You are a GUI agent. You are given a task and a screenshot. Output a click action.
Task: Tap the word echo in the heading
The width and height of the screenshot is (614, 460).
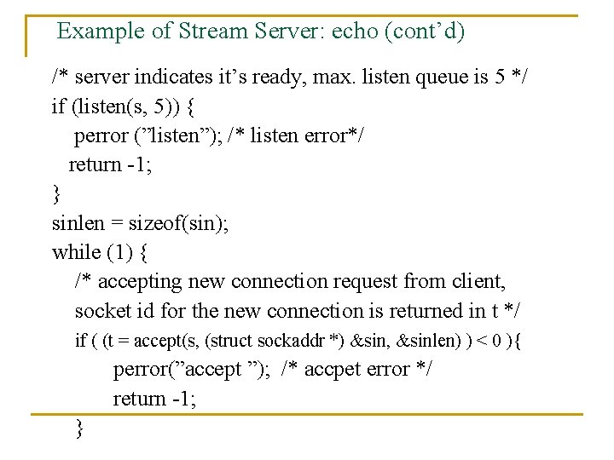pyautogui.click(x=355, y=32)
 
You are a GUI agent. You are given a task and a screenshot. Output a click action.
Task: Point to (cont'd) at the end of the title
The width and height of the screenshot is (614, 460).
pyautogui.click(x=425, y=32)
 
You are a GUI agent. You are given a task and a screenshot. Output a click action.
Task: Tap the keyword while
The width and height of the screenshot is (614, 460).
pyautogui.click(x=76, y=253)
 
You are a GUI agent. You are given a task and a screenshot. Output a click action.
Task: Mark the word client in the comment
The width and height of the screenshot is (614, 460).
pyautogui.click(x=479, y=282)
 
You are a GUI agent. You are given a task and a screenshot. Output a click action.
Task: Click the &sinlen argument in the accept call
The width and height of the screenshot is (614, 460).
pyautogui.click(x=423, y=341)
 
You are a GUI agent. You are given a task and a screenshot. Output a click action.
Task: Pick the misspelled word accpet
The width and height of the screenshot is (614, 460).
pyautogui.click(x=326, y=370)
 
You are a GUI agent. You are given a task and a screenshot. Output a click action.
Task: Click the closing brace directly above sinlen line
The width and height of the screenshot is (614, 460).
pyautogui.click(x=56, y=195)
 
